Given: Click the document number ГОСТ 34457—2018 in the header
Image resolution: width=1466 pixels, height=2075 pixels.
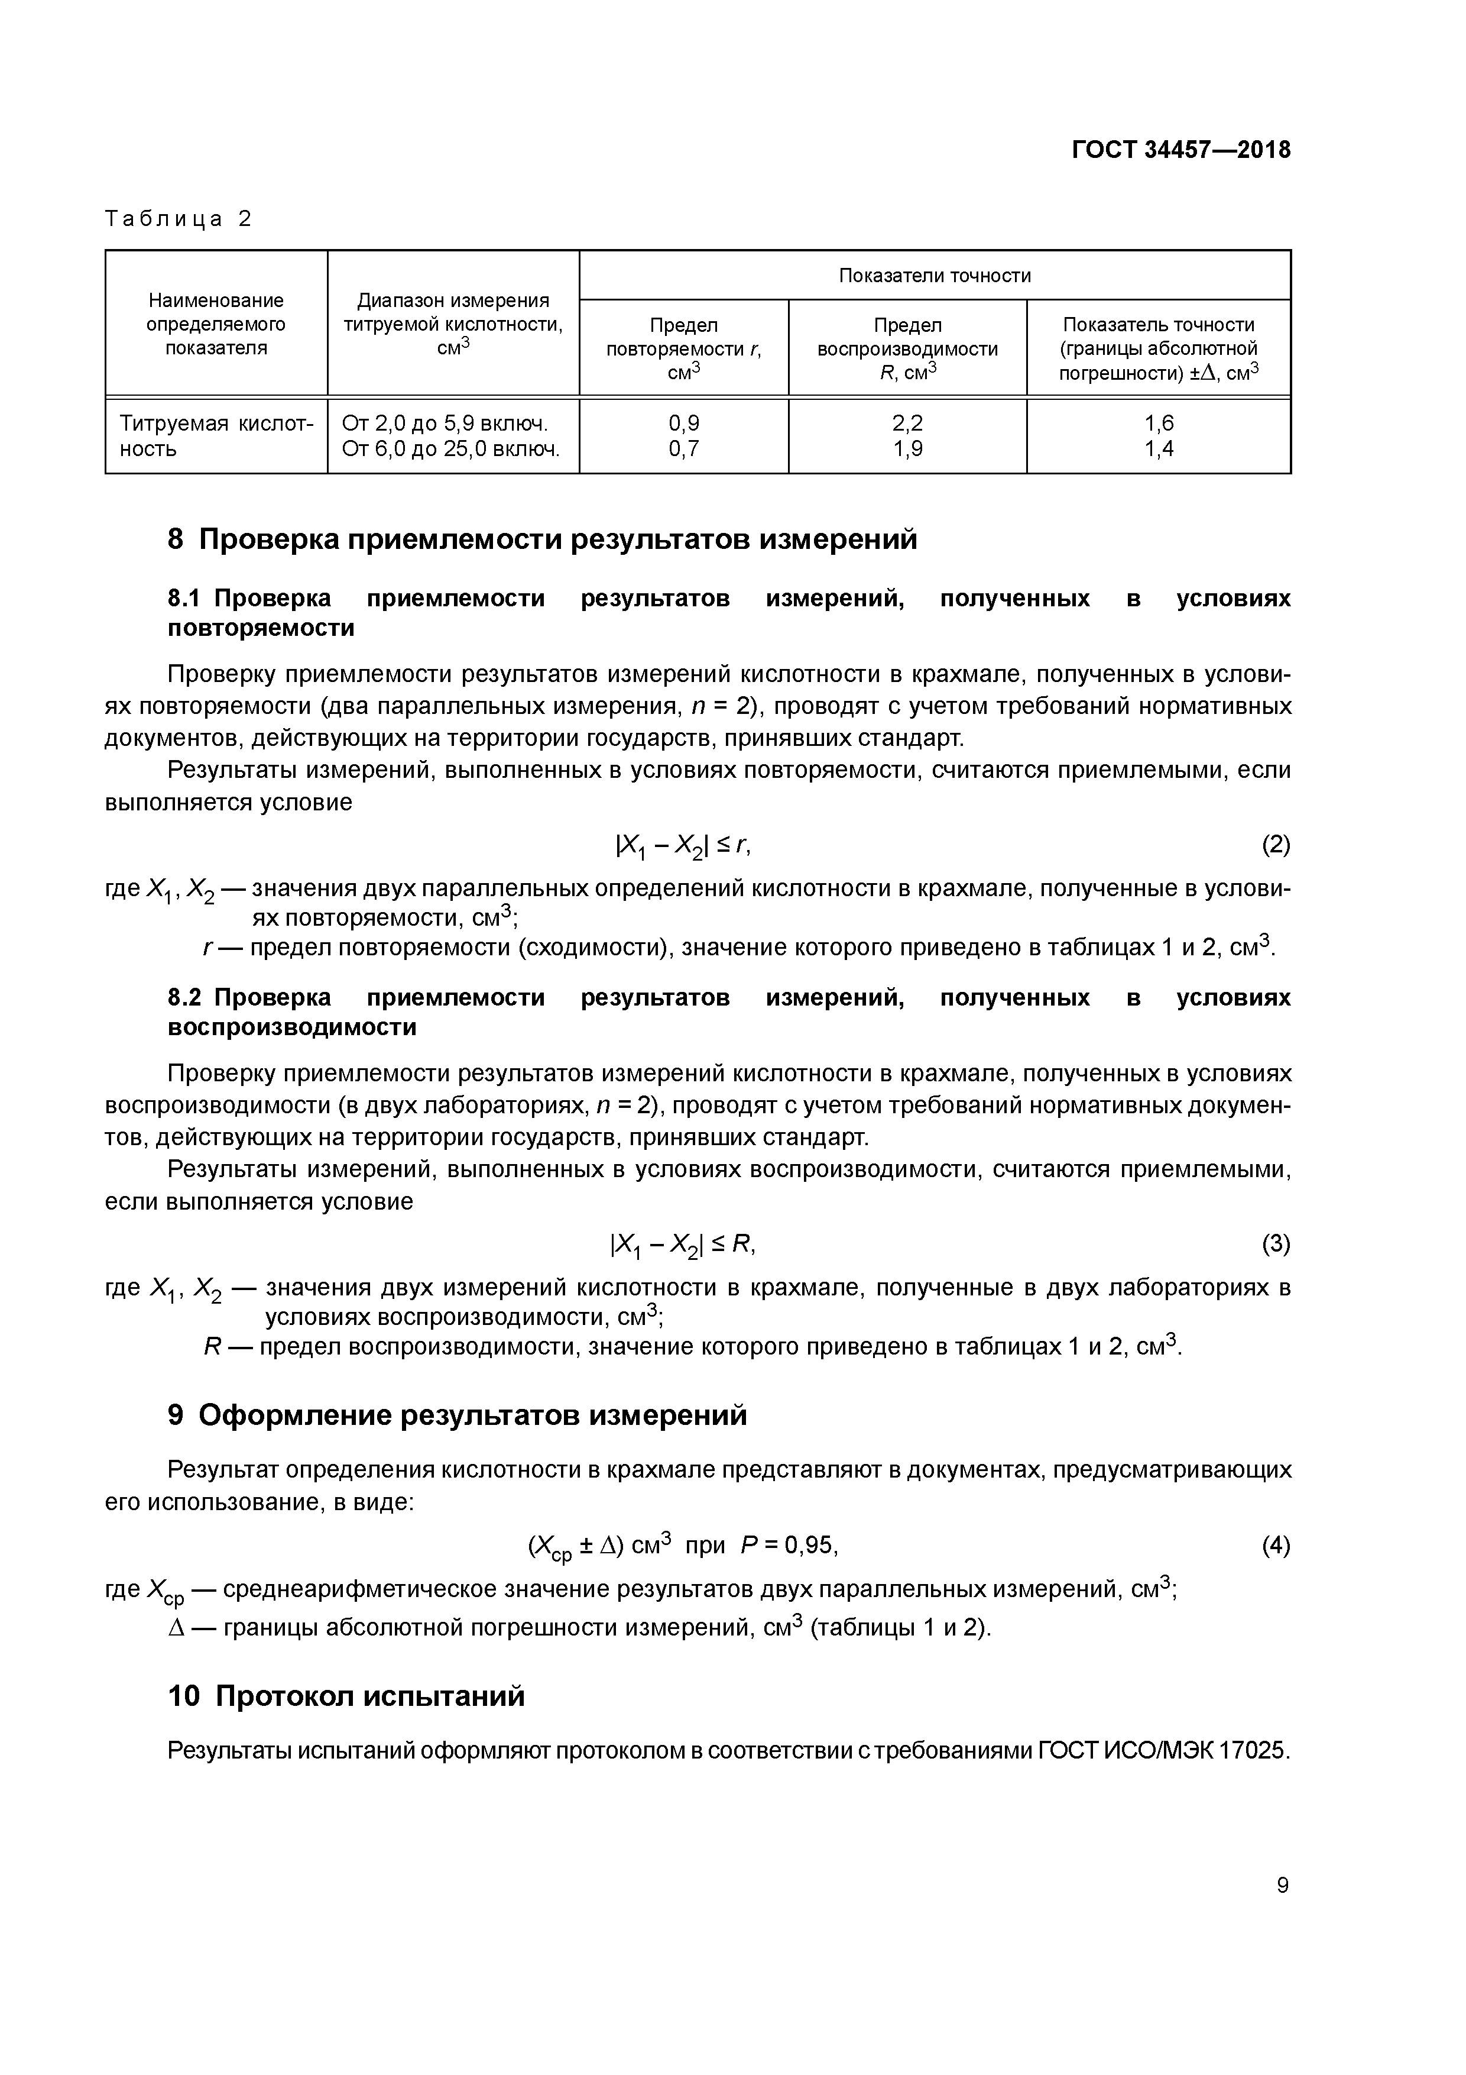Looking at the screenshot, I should click(x=1180, y=150).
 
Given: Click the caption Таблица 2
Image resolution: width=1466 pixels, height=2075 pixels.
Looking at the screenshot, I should click(x=179, y=219).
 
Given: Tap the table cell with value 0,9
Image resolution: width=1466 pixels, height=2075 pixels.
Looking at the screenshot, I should click(x=684, y=423).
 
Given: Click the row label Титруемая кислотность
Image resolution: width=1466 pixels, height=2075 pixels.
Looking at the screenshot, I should click(x=216, y=435).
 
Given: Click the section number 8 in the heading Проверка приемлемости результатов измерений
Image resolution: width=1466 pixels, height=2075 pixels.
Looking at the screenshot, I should click(x=176, y=539).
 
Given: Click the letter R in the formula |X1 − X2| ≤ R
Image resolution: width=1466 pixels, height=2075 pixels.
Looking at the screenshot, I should click(x=741, y=1245).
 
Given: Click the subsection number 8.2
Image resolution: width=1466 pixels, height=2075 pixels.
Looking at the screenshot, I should click(x=186, y=998).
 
